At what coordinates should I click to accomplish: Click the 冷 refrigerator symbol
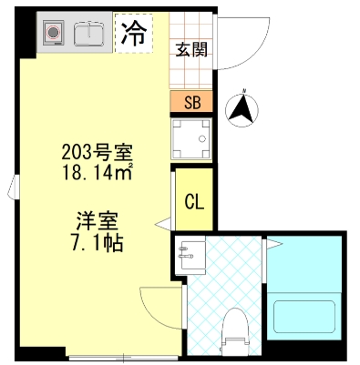(x=133, y=35)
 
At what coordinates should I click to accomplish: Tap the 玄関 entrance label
(x=191, y=49)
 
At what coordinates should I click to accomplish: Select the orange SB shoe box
(x=191, y=103)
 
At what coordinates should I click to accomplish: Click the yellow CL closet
(x=193, y=201)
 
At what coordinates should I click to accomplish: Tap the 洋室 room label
(x=95, y=221)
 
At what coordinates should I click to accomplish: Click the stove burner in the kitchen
(x=54, y=35)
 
